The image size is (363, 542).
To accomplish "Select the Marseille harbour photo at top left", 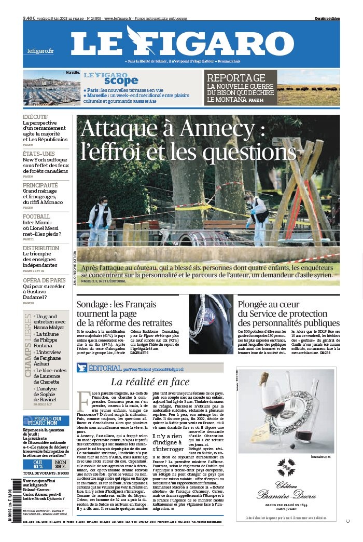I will (x=51, y=88).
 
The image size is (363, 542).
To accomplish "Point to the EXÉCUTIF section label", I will (x=35, y=117).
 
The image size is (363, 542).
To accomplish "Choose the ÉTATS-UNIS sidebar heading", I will (x=39, y=154).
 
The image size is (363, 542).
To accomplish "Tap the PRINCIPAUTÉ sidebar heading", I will (x=44, y=185).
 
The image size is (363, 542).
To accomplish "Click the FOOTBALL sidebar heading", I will (x=36, y=216).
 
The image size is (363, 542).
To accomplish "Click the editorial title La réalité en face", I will (x=150, y=382).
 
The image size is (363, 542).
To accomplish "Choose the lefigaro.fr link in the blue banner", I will (x=40, y=51).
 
